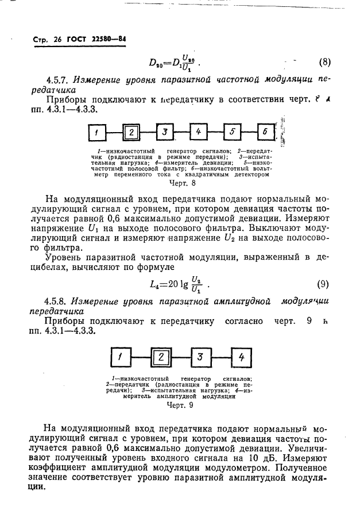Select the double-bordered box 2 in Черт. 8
click(x=131, y=133)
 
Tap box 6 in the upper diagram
click(x=265, y=133)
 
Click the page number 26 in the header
click(x=59, y=40)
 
